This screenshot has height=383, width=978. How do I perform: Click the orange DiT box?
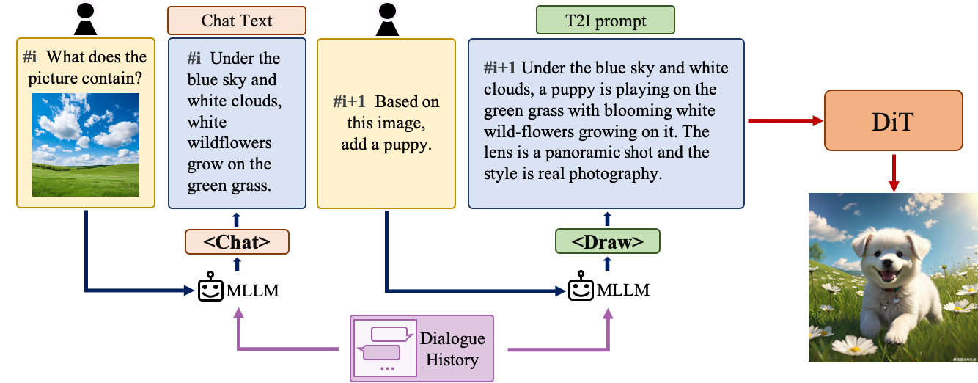(x=893, y=120)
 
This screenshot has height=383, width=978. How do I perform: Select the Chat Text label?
(x=236, y=21)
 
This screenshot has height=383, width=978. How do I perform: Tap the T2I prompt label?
(x=605, y=21)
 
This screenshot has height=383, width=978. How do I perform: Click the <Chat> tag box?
(x=237, y=241)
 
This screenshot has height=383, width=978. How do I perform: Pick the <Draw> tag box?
(x=607, y=241)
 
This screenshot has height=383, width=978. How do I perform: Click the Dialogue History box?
(x=422, y=348)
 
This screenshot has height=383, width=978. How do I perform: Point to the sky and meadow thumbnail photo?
(x=86, y=145)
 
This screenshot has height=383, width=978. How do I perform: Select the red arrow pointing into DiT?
(x=784, y=121)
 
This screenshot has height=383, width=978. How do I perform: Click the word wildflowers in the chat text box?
(x=218, y=143)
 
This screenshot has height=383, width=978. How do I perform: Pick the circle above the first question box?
(x=86, y=10)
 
